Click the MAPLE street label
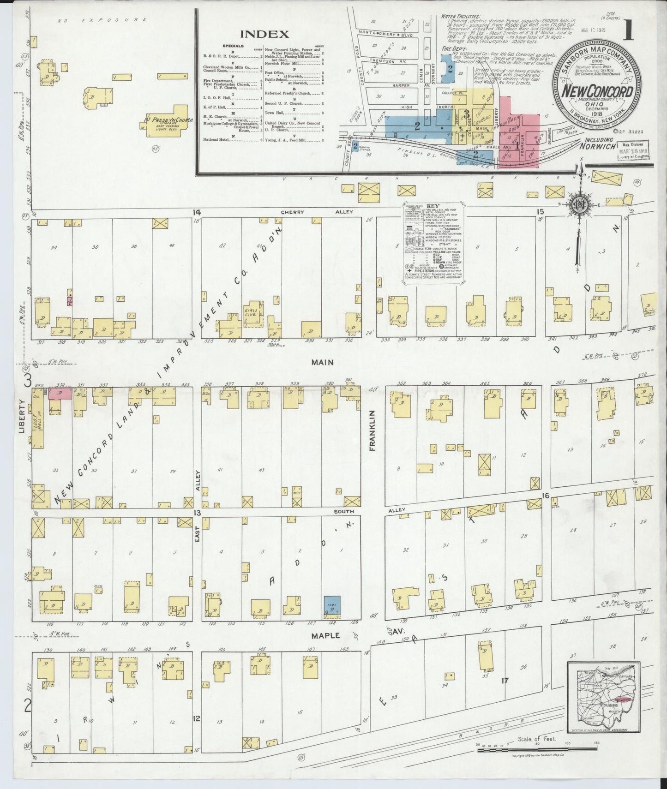[x=325, y=635]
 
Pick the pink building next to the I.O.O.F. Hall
[x=60, y=394]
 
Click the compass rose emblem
[x=577, y=205]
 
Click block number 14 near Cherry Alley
[x=197, y=212]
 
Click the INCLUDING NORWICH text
[x=598, y=143]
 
